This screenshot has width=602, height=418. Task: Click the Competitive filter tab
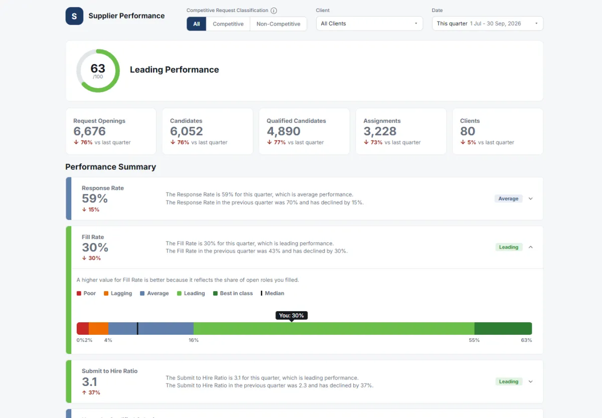click(228, 24)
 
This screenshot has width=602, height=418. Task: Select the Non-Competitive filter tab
click(278, 24)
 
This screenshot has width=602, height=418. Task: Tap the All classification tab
click(197, 24)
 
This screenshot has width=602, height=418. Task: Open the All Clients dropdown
click(369, 24)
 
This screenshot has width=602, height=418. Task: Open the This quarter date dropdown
click(488, 24)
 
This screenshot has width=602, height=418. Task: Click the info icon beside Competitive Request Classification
click(273, 11)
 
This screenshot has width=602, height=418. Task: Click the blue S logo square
click(74, 16)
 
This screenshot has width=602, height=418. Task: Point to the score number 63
click(98, 68)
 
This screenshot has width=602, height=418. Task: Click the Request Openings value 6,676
click(89, 131)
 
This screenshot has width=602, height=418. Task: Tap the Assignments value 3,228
click(380, 131)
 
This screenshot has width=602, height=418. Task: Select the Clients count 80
click(468, 131)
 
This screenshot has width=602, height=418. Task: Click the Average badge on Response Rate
click(508, 198)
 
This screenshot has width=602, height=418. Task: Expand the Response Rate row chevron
click(531, 198)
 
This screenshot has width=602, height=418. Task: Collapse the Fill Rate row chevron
click(531, 247)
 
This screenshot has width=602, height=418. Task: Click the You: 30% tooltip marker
click(291, 316)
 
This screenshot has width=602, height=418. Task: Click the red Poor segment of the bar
click(83, 328)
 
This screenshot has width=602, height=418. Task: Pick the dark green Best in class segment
click(503, 328)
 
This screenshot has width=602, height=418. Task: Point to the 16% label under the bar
click(194, 340)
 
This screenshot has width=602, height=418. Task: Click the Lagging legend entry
click(118, 293)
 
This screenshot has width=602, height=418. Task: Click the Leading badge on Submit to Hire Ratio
click(509, 381)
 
